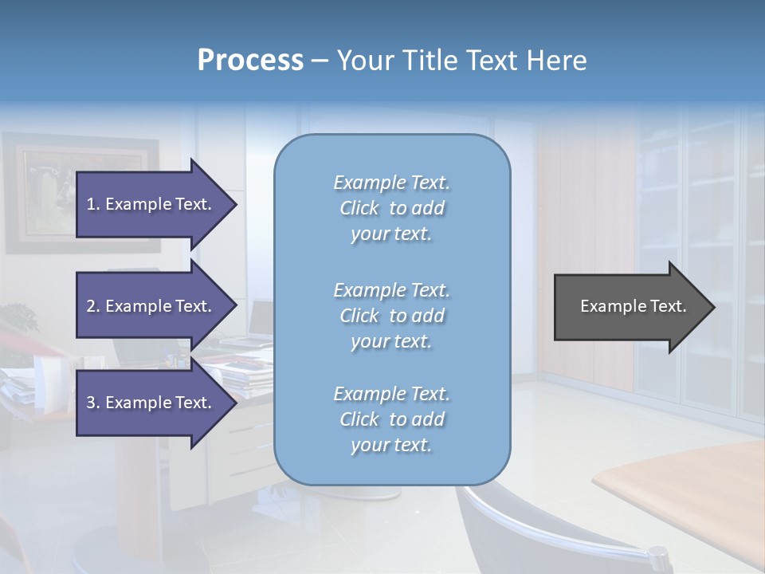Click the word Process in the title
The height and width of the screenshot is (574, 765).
[250, 61]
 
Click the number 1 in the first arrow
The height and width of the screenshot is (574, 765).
[91, 205]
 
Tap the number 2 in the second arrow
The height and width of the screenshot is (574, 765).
[91, 307]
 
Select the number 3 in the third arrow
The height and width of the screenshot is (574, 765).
[91, 403]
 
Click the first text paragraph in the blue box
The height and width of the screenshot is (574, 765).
[391, 208]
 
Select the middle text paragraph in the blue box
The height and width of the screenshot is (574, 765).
[391, 316]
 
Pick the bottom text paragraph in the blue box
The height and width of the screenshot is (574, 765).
[391, 419]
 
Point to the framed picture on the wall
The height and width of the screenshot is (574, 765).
[80, 191]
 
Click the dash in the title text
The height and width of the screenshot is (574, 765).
[320, 61]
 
